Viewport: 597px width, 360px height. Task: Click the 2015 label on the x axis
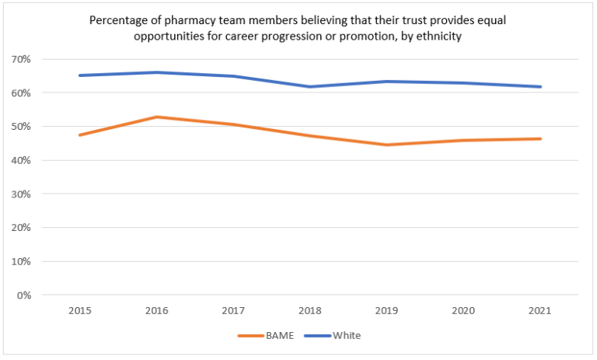point(79,310)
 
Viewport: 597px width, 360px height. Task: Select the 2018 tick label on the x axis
point(310,310)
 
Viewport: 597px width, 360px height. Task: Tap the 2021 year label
point(540,310)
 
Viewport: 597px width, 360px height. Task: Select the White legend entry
point(345,336)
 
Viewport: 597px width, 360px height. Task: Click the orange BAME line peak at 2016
point(156,117)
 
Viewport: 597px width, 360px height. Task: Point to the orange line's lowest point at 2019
point(386,145)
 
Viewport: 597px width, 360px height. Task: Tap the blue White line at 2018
point(310,86)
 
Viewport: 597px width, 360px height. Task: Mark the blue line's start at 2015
point(79,75)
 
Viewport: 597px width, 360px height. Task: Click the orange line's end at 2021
point(540,139)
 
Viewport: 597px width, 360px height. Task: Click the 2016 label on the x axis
point(156,310)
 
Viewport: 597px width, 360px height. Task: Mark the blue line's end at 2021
point(540,86)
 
